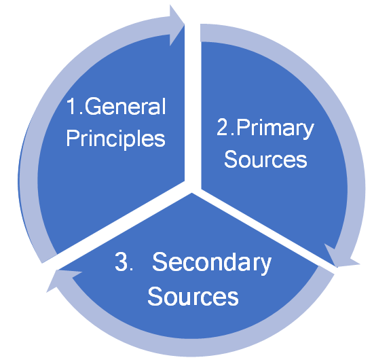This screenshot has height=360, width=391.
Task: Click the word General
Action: coord(125,107)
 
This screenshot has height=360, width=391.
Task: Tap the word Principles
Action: coord(115,139)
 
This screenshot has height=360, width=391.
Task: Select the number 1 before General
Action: coord(72,107)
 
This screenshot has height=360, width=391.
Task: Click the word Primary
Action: coord(276,129)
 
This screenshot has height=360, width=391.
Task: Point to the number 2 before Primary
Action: coord(223,127)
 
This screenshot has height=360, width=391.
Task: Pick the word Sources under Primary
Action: coord(265,160)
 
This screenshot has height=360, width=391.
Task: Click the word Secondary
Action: coord(212,262)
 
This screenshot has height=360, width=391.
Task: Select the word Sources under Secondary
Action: coord(193,297)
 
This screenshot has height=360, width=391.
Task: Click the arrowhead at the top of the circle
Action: coord(176,25)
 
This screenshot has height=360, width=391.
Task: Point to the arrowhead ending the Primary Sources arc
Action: coord(341,257)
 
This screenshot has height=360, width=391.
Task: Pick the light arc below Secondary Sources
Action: coord(192,347)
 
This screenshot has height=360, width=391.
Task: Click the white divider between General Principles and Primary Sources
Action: coord(193,105)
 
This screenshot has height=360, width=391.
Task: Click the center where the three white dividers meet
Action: coord(193,187)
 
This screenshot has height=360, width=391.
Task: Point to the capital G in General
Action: coord(92,107)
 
